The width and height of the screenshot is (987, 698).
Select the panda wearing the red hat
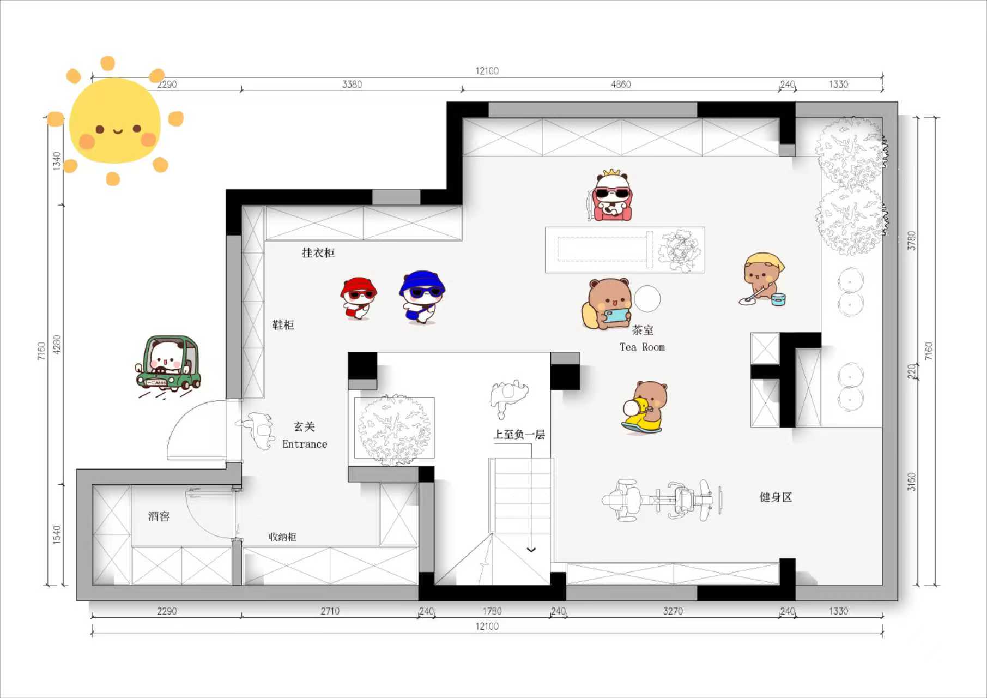coord(358,298)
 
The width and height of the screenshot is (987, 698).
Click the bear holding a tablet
coord(608,304)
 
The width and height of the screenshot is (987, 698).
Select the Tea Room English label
coord(642,347)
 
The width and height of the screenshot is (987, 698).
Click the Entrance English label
coord(305,444)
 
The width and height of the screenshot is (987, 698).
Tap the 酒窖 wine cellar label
coord(159,516)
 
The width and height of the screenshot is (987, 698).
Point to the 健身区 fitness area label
coord(776,497)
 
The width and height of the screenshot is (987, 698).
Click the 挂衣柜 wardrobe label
coord(318,252)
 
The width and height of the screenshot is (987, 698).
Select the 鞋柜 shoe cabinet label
coord(283,324)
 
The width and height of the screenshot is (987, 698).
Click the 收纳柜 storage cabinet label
coord(282,537)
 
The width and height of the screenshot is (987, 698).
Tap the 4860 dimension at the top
coord(621,84)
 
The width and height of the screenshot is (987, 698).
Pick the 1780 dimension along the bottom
coord(492,611)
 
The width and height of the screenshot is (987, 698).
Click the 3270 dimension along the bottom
coord(673,611)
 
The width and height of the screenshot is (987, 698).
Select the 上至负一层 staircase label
coord(519,434)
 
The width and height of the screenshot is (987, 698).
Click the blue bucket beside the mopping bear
coord(778,299)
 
